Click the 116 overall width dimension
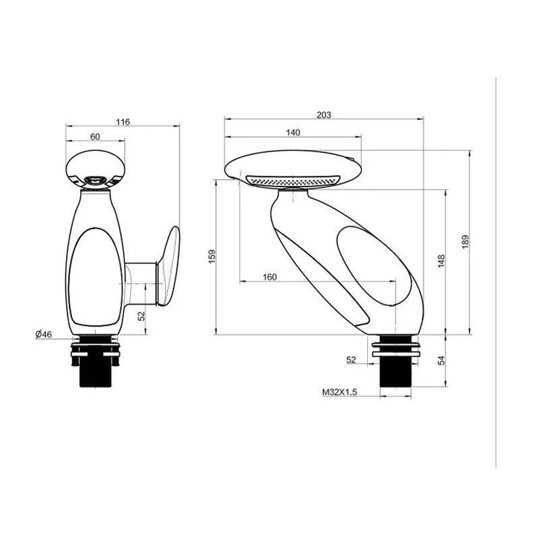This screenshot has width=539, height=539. pos(123,122)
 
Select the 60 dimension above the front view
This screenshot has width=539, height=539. pos(95,137)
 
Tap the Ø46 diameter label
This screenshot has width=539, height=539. pos(44,334)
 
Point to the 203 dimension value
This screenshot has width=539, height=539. pos(323,115)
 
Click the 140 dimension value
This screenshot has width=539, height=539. pos(292,133)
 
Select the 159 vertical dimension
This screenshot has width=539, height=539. pos(212,256)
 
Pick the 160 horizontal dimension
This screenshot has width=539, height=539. pos(269,277)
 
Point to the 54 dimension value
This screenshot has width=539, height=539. pos(441,361)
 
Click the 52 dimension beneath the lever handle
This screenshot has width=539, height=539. pos(141,315)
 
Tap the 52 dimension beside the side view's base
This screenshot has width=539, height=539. pos(351,360)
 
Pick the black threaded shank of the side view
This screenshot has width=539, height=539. pos(395,373)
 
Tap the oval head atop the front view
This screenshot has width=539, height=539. pos(95,166)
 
